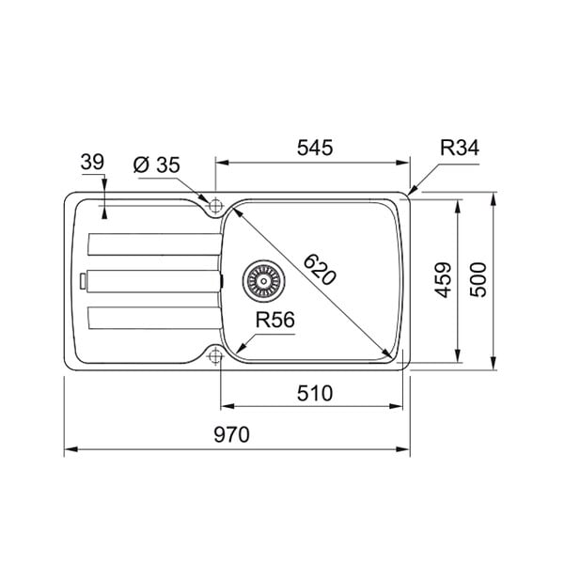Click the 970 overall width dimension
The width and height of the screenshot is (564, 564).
tap(231, 434)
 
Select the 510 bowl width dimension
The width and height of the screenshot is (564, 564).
tap(315, 393)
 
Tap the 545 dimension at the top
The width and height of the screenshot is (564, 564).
tap(315, 148)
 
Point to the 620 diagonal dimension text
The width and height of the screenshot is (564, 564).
tap(320, 270)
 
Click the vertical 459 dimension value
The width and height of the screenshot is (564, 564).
tap(443, 280)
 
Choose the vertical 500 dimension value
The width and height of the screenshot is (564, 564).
tap(478, 280)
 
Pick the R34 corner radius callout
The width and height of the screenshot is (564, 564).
tap(460, 148)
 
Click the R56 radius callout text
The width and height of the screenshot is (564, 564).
tap(274, 320)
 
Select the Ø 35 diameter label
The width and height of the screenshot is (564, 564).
tap(156, 165)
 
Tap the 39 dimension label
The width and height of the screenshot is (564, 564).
tap(92, 162)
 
